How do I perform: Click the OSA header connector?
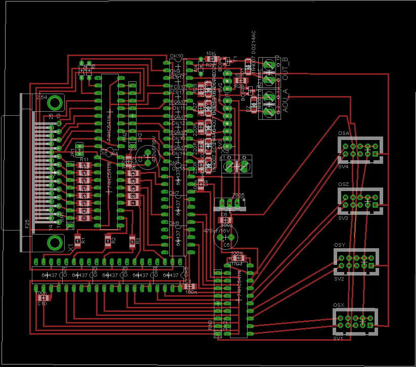point(360,150)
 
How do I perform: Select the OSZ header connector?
point(360,201)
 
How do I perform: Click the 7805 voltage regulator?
point(230,203)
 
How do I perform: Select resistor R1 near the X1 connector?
point(77,239)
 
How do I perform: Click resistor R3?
point(132,240)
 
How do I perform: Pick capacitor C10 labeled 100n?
point(42,298)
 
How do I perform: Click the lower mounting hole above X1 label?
point(54,242)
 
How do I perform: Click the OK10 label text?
point(177,56)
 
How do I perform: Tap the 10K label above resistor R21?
point(211,53)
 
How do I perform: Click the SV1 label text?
point(338,339)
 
